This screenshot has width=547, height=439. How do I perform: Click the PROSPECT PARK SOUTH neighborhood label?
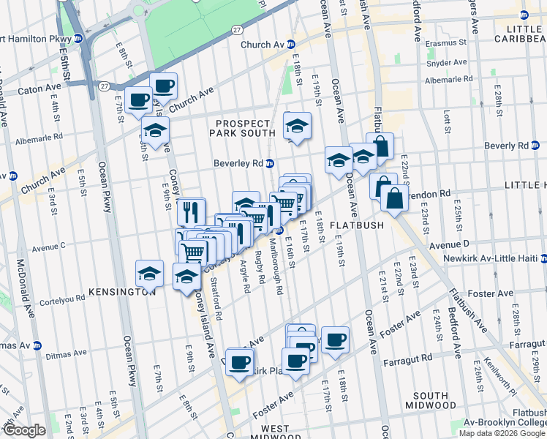click(x=244, y=127)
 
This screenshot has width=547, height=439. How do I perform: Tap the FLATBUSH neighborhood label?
click(x=356, y=225)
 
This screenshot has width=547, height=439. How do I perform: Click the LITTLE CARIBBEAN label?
click(x=517, y=33)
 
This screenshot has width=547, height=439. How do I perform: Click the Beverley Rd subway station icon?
click(x=270, y=164)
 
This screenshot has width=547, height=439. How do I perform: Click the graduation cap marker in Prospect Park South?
click(x=296, y=127)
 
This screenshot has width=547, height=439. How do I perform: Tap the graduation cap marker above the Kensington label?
click(x=149, y=275)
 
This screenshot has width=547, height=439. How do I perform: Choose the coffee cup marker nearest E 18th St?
click(x=335, y=340)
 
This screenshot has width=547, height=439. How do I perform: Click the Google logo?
click(x=25, y=430)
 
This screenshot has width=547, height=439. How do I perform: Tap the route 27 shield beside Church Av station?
click(x=237, y=29)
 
